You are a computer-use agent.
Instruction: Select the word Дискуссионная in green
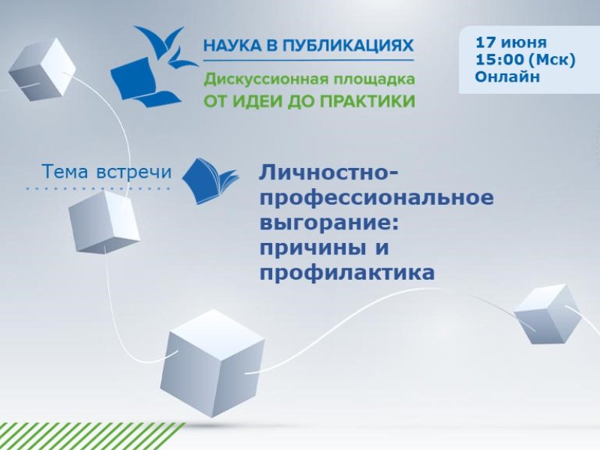(x=265, y=79)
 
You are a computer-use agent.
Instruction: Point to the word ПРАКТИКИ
(x=367, y=101)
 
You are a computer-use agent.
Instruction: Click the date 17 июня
(x=511, y=42)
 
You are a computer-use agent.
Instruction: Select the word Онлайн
(x=508, y=76)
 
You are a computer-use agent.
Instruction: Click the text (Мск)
(x=552, y=60)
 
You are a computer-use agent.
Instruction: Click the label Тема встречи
(x=106, y=172)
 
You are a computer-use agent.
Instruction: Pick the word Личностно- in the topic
(x=329, y=172)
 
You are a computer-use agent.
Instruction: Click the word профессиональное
(x=376, y=199)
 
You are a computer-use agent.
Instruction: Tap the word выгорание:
(x=329, y=223)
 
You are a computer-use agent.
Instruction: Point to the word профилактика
(x=347, y=273)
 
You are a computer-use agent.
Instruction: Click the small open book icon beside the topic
(x=210, y=181)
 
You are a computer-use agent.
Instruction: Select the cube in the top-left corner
(x=41, y=69)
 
